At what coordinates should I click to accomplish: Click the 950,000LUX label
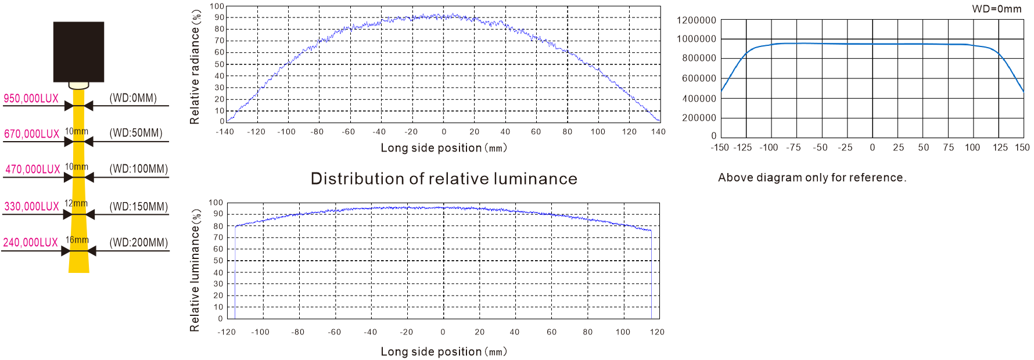tap(31, 98)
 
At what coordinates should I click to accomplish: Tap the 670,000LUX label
tap(31, 134)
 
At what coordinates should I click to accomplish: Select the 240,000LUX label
tap(30, 242)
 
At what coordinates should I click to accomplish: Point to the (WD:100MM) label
tap(138, 169)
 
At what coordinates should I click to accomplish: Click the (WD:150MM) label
tap(138, 207)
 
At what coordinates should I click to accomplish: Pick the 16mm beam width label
tap(77, 240)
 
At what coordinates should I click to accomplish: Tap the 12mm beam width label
tap(76, 203)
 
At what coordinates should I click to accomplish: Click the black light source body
tap(78, 52)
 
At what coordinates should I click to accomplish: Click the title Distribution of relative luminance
tap(444, 179)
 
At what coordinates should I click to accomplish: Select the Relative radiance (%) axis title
tap(195, 67)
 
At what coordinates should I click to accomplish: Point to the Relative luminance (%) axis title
tap(195, 271)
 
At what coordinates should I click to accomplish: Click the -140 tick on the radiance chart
tap(225, 132)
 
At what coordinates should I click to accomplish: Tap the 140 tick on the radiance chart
tap(658, 132)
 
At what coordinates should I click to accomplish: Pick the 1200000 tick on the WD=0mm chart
tap(696, 20)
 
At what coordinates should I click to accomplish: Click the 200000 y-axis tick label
tap(699, 118)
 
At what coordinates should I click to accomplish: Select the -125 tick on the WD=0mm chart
tap(742, 147)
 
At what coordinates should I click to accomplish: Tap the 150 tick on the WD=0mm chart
tap(1022, 147)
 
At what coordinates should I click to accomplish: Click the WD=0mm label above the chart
tap(996, 9)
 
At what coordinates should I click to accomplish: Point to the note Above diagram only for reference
tap(812, 178)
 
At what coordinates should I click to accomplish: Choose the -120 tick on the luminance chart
tap(227, 332)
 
